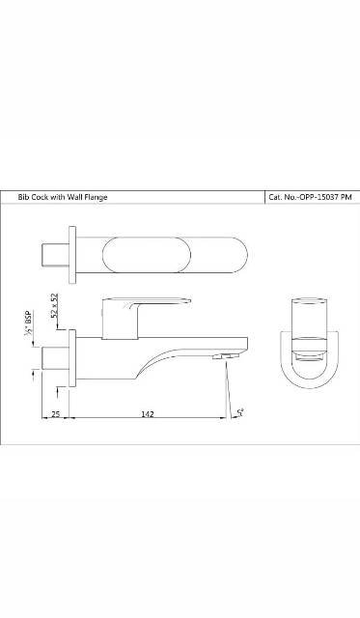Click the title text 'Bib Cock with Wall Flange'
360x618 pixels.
pyautogui.click(x=63, y=197)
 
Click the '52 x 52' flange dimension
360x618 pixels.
pyautogui.click(x=56, y=306)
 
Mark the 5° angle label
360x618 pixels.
pyautogui.click(x=239, y=412)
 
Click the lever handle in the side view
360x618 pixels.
pyautogui.click(x=145, y=307)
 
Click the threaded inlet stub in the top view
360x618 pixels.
pyautogui.click(x=55, y=256)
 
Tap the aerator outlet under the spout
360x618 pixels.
pyautogui.click(x=228, y=357)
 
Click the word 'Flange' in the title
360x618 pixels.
pyautogui.click(x=95, y=197)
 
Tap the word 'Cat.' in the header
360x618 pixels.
pyautogui.click(x=274, y=197)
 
